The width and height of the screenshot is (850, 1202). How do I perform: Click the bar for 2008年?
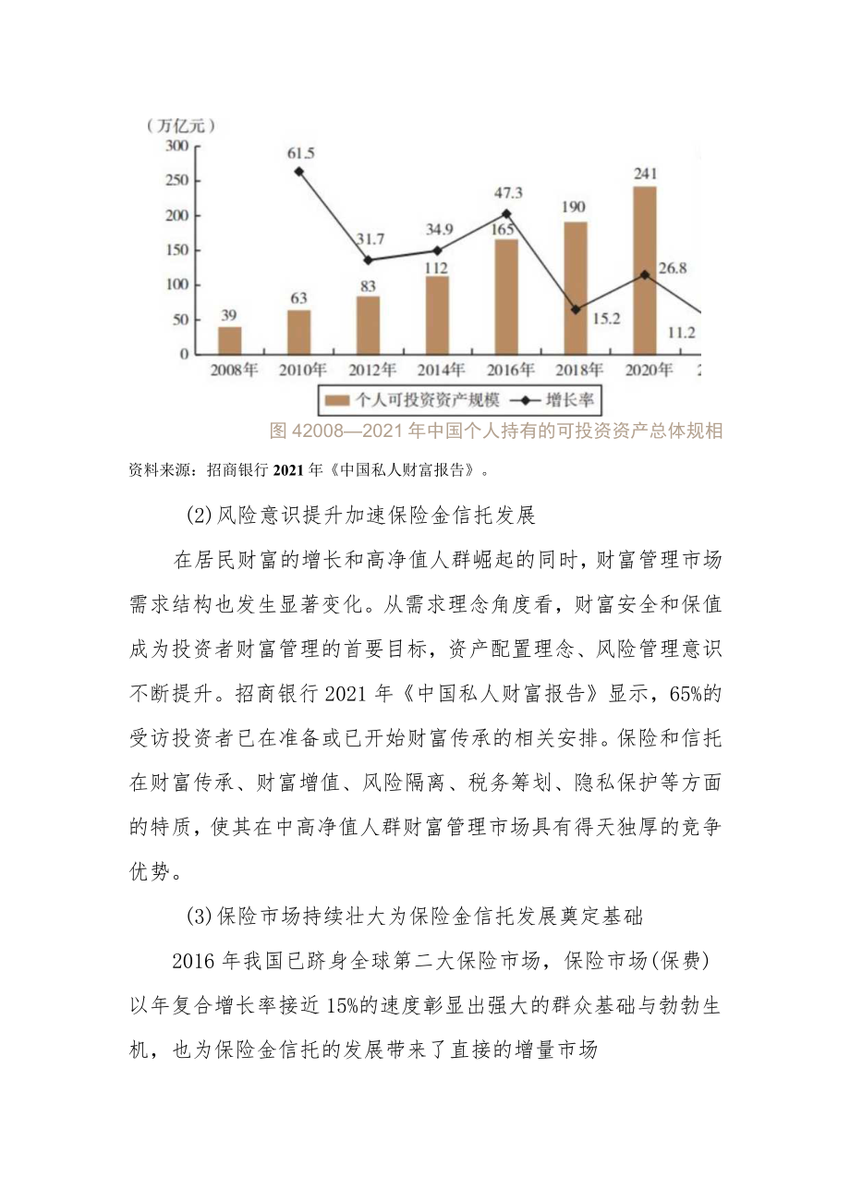click(229, 340)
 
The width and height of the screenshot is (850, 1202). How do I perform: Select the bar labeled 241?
click(645, 270)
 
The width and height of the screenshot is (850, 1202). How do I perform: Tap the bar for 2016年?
click(506, 296)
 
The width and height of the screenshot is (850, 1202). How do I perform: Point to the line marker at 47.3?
click(506, 213)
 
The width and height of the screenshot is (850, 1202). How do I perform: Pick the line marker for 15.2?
click(576, 310)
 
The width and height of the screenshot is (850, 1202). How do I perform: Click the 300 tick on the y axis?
click(176, 146)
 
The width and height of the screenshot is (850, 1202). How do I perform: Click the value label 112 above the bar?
click(436, 268)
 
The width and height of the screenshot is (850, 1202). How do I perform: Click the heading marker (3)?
click(200, 917)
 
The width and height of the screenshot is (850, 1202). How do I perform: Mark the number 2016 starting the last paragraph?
click(195, 961)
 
